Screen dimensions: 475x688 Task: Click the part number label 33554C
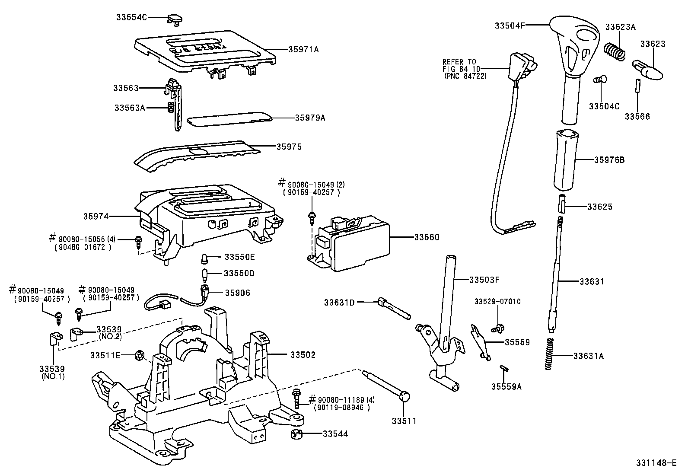tap(131, 17)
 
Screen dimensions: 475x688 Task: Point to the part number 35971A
tap(303, 50)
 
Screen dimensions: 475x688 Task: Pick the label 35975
tap(289, 147)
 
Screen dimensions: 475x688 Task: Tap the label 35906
tap(237, 293)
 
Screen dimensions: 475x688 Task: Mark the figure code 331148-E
tap(656, 463)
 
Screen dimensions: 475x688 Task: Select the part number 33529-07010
tap(497, 301)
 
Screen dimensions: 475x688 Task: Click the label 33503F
tap(484, 280)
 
